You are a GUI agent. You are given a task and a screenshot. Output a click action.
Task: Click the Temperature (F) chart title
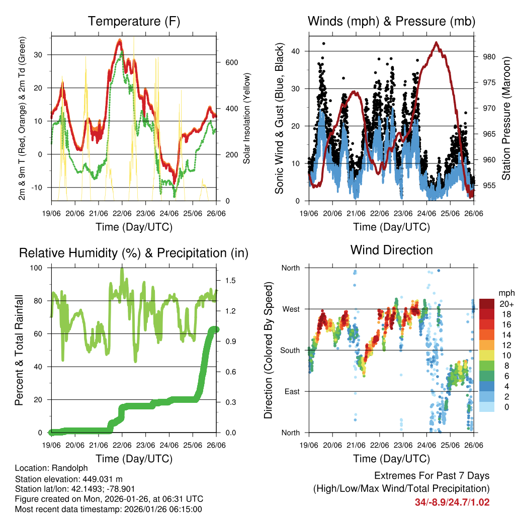click(x=134, y=21)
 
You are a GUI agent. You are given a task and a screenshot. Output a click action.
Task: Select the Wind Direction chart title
click(x=391, y=249)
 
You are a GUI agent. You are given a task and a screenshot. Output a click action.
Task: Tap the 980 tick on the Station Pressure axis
click(x=489, y=57)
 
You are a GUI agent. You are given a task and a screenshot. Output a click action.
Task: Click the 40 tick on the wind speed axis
click(x=296, y=51)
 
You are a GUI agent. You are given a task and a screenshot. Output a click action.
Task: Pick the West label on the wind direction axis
click(x=291, y=309)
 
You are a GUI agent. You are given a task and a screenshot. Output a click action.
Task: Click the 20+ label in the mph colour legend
click(x=506, y=304)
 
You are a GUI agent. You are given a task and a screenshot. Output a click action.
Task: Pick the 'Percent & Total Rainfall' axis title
click(x=19, y=351)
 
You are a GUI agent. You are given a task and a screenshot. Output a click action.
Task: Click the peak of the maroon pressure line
click(x=436, y=43)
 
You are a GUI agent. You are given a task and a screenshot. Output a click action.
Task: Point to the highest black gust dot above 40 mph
click(x=323, y=44)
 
